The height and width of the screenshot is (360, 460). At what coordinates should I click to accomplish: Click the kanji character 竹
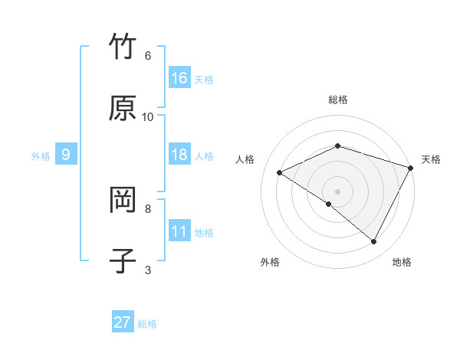(123, 47)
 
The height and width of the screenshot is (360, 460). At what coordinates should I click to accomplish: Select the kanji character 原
(123, 108)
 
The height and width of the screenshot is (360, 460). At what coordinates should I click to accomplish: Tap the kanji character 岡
(123, 200)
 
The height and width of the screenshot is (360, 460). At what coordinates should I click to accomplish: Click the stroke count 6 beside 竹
(148, 55)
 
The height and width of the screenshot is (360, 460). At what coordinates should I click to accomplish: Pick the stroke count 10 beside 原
(148, 116)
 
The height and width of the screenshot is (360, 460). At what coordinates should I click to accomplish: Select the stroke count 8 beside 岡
(148, 208)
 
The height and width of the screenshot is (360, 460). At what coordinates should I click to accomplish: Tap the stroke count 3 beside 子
(148, 269)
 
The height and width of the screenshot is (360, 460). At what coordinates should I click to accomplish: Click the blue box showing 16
(179, 78)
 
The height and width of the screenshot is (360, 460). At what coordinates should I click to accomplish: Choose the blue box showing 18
(179, 155)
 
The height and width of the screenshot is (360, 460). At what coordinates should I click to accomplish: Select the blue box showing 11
(179, 231)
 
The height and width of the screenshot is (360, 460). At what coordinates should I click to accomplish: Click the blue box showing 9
(66, 155)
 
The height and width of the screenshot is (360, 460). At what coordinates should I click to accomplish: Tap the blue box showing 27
(123, 322)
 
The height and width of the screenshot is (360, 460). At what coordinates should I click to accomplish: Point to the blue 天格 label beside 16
(204, 79)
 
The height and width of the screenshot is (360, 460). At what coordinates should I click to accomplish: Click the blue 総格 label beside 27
(147, 323)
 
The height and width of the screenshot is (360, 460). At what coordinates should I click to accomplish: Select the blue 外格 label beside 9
(41, 155)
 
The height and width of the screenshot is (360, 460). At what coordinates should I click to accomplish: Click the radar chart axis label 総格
(338, 100)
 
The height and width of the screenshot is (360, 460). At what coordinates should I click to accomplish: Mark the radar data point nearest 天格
(412, 168)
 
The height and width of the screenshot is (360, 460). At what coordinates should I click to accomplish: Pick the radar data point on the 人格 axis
(280, 173)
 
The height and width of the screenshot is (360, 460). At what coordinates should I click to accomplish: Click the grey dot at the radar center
(338, 191)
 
